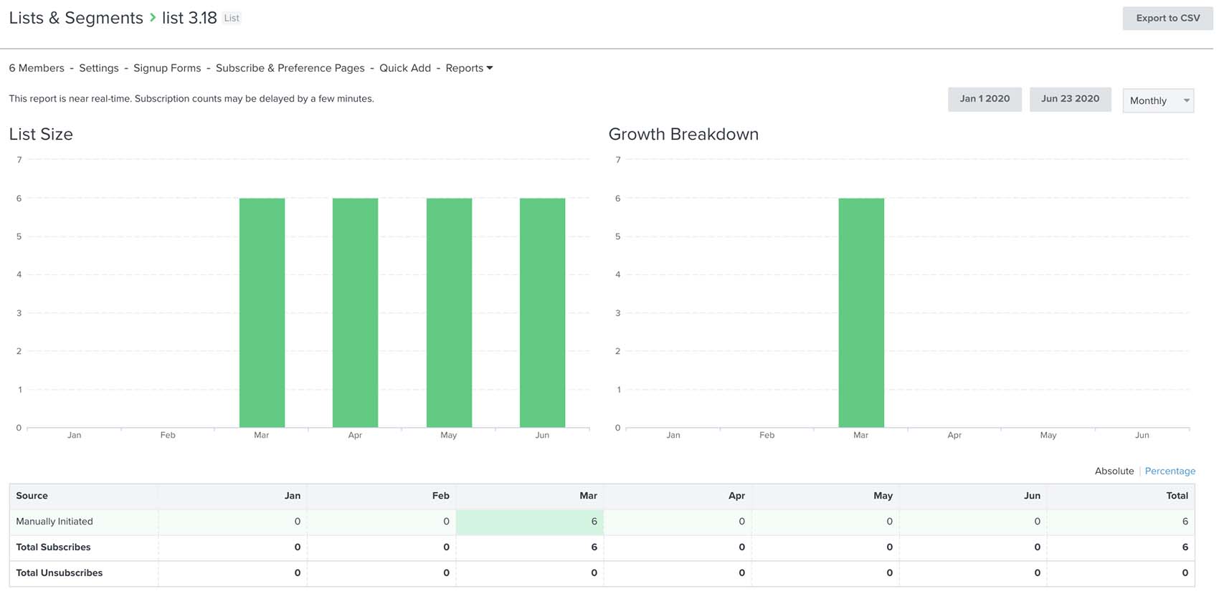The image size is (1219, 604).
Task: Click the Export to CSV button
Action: (x=1167, y=18)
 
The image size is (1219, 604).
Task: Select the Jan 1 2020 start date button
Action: (x=984, y=99)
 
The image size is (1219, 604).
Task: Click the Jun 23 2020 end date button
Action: (x=1069, y=99)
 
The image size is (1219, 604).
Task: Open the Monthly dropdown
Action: (x=1157, y=100)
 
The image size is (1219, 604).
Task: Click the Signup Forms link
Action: (x=167, y=68)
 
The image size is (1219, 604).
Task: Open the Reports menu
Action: (x=469, y=68)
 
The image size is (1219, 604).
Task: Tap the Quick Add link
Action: (x=404, y=68)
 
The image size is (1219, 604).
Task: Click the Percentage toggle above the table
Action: (x=1169, y=471)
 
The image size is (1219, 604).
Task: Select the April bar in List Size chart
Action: (x=355, y=312)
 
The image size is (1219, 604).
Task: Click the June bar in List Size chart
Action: (x=542, y=312)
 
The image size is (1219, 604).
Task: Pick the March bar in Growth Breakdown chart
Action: (x=860, y=312)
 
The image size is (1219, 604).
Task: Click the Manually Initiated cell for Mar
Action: (x=529, y=522)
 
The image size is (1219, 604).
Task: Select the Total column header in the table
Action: (x=1176, y=496)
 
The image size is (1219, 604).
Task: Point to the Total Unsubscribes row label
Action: (x=59, y=572)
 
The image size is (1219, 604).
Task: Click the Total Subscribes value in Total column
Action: (x=1185, y=547)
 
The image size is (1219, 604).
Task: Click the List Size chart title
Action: (x=41, y=134)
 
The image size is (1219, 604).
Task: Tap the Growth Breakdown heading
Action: (x=683, y=134)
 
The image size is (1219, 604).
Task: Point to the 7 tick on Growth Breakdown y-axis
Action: (x=617, y=160)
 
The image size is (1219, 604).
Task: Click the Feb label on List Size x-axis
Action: (x=168, y=435)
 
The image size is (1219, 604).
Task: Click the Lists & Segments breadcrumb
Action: (x=76, y=18)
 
